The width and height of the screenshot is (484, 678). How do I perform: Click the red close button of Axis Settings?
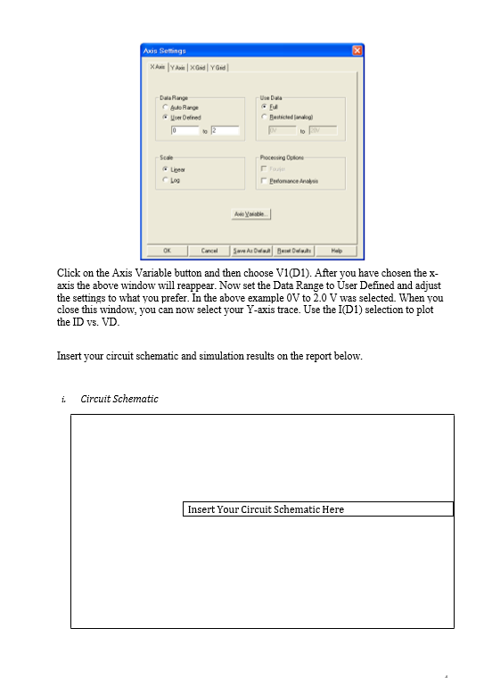pos(357,50)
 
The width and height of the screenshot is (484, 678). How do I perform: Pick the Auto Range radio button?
pos(165,108)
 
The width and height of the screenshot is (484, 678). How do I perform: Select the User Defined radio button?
pos(165,117)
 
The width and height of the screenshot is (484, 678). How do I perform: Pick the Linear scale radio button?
pos(165,168)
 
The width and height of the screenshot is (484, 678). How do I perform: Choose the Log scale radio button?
pos(165,179)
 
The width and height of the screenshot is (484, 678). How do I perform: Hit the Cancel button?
pos(209,250)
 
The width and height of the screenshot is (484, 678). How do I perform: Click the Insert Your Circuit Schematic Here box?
pos(318,509)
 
